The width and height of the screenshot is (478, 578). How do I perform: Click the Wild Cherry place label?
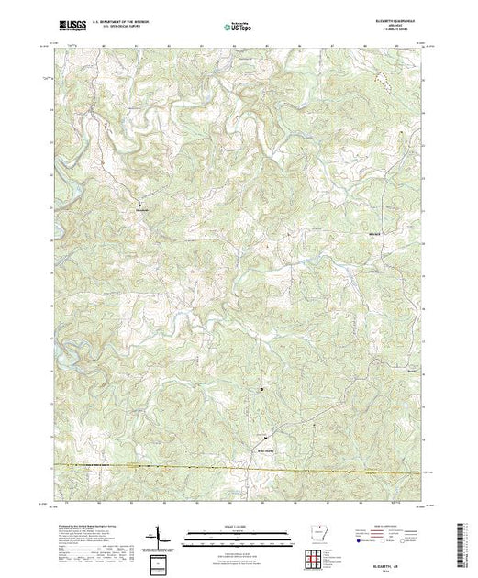(263, 424)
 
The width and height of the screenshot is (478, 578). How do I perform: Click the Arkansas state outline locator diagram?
(314, 535)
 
